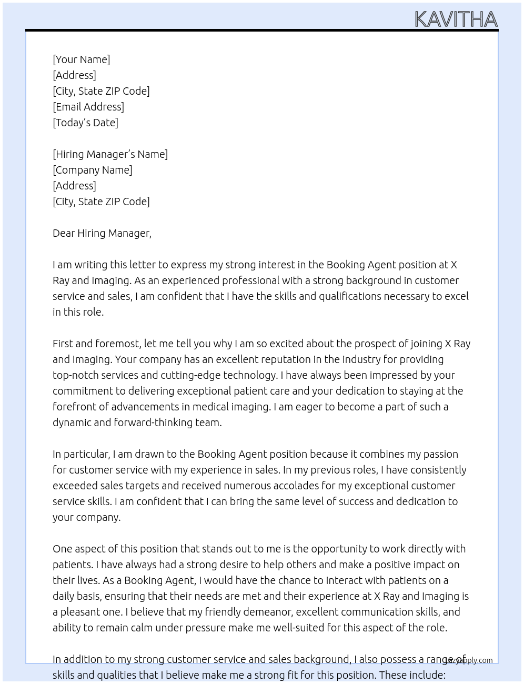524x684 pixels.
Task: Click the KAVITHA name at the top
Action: (x=456, y=19)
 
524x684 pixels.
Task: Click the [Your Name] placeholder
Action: (x=81, y=59)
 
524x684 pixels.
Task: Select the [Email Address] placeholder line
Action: (x=88, y=107)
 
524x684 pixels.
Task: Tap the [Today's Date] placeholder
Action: (x=85, y=123)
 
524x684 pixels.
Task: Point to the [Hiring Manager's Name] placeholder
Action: (x=110, y=154)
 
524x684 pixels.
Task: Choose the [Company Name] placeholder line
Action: (x=92, y=170)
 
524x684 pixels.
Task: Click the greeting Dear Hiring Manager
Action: (x=102, y=233)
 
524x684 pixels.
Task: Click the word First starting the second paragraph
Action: (x=63, y=344)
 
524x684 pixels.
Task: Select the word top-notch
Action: (x=75, y=375)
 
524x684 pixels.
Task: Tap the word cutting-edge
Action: (x=190, y=375)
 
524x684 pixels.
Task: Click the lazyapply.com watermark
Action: (x=469, y=660)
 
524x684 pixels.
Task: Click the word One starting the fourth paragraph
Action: (x=62, y=549)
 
